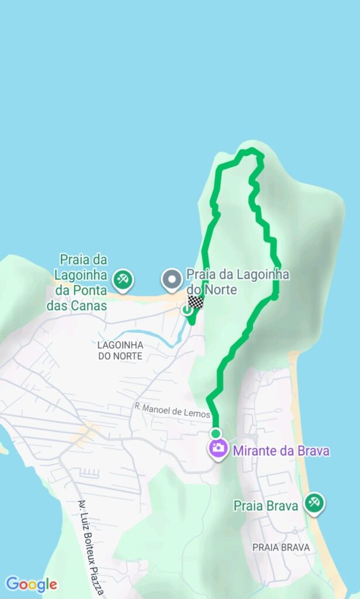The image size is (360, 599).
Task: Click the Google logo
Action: (x=31, y=584)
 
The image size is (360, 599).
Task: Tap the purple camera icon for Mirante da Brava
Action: (x=218, y=449)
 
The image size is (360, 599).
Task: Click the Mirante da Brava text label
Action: (x=281, y=451)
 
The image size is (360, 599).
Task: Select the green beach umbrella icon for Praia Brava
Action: (x=314, y=502)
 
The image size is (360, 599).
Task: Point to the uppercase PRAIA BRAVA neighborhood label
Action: (x=281, y=548)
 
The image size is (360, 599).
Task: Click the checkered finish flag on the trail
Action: (x=196, y=302)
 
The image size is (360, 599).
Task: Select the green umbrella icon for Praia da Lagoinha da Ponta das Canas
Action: (x=123, y=280)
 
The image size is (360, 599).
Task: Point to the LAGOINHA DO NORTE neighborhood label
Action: (x=120, y=350)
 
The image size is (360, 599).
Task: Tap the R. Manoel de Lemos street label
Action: (x=172, y=413)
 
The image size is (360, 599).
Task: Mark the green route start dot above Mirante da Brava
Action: (x=216, y=433)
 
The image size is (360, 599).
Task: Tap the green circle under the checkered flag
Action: (x=187, y=311)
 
